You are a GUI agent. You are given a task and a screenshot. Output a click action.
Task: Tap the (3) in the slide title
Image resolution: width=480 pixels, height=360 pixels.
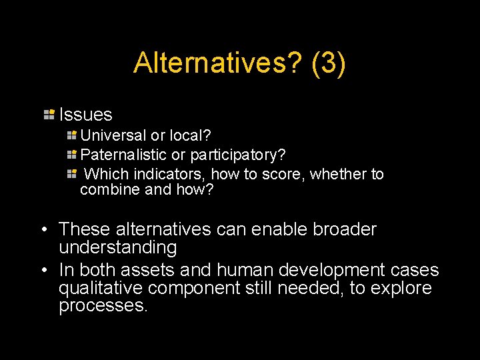pos(328,63)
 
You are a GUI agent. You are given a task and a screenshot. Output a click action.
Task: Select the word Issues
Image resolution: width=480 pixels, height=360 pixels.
pos(86,115)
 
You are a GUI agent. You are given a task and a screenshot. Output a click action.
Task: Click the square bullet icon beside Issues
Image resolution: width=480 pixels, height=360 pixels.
pos(49,114)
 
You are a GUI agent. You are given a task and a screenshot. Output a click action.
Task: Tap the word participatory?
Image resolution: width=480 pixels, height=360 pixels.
pos(238,155)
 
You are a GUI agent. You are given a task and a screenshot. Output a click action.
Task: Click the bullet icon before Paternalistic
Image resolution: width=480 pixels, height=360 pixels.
pos(72,155)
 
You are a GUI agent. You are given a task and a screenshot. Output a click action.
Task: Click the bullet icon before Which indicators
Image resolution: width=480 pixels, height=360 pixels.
pos(72,174)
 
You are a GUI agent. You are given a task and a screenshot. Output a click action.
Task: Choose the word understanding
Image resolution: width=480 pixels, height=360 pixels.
pos(118,248)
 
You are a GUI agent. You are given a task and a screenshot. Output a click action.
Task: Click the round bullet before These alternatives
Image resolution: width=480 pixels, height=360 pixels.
pos(42,230)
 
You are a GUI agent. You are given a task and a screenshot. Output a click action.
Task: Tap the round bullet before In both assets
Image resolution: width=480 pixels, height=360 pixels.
pos(42,271)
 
